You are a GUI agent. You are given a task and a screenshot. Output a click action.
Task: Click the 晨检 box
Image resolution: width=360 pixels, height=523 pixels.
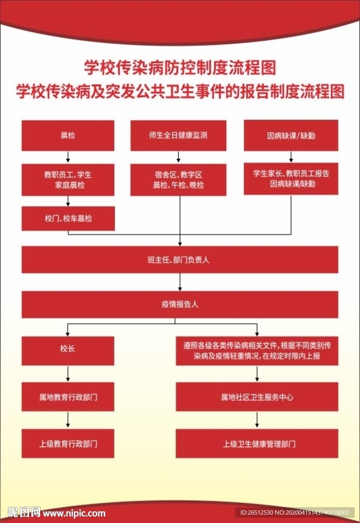coord(68,135)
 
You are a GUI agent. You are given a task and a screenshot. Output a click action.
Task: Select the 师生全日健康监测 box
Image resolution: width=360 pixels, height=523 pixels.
coord(178,135)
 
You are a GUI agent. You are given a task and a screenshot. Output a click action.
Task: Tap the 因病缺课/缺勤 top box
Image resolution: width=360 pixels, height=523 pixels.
coord(291,135)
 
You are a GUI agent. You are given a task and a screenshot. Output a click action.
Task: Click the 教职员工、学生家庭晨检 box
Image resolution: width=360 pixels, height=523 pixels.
coord(68,180)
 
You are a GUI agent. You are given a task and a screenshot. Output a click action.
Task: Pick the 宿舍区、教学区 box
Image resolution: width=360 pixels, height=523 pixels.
coord(178,180)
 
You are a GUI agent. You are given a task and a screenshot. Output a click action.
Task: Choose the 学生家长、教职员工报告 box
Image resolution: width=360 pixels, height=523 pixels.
coord(291,179)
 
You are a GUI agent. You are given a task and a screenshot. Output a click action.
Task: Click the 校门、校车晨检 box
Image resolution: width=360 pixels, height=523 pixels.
coord(68,218)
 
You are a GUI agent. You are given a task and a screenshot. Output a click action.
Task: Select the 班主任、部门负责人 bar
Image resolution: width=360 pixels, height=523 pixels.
coord(180,260)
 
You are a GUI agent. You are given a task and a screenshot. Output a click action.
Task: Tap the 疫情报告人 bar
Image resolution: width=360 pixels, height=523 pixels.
coord(180,304)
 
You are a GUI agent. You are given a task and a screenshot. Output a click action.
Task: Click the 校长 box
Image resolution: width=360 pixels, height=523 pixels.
coord(68,351)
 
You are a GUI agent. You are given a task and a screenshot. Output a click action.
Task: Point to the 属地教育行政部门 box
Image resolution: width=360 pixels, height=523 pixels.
coord(68,397)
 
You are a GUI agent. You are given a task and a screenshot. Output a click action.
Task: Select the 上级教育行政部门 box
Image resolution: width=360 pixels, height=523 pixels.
coord(68,443)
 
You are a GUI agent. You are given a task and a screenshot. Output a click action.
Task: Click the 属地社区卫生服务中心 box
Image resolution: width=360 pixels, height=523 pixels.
coord(257,397)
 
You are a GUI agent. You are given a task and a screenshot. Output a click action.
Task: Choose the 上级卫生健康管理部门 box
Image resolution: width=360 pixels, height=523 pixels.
coord(257,443)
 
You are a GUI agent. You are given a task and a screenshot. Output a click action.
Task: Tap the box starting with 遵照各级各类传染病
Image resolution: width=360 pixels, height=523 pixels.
coord(257,351)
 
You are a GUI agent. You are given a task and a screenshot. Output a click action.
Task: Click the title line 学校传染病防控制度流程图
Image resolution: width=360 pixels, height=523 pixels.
coord(180,67)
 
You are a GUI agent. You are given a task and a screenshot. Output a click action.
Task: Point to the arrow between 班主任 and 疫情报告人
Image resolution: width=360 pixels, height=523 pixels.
coord(180,282)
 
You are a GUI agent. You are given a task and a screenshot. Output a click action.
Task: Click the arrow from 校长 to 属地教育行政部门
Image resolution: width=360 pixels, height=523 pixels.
coord(68,374)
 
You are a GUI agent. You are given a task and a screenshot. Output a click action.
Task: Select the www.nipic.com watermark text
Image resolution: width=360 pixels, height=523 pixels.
coord(76,512)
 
